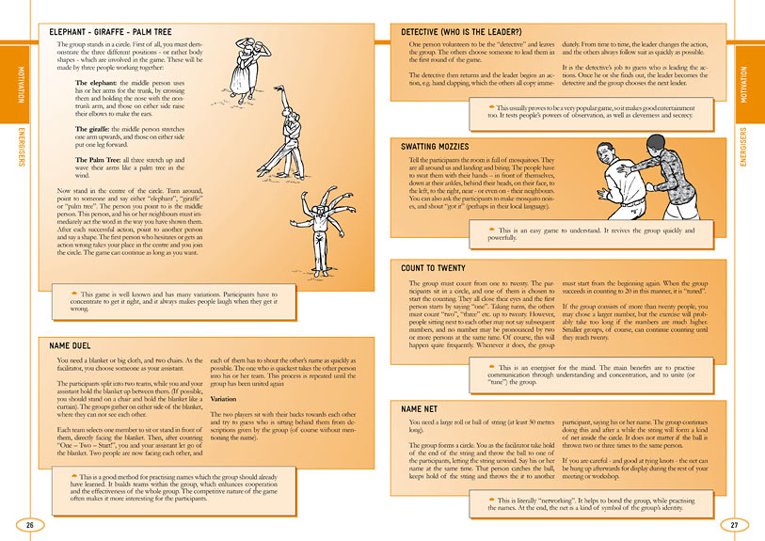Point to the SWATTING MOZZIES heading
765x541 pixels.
click(x=436, y=148)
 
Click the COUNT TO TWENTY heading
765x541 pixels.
click(x=434, y=269)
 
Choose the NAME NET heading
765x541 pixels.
click(x=419, y=409)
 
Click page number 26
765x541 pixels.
click(x=30, y=524)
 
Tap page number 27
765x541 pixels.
click(x=735, y=524)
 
